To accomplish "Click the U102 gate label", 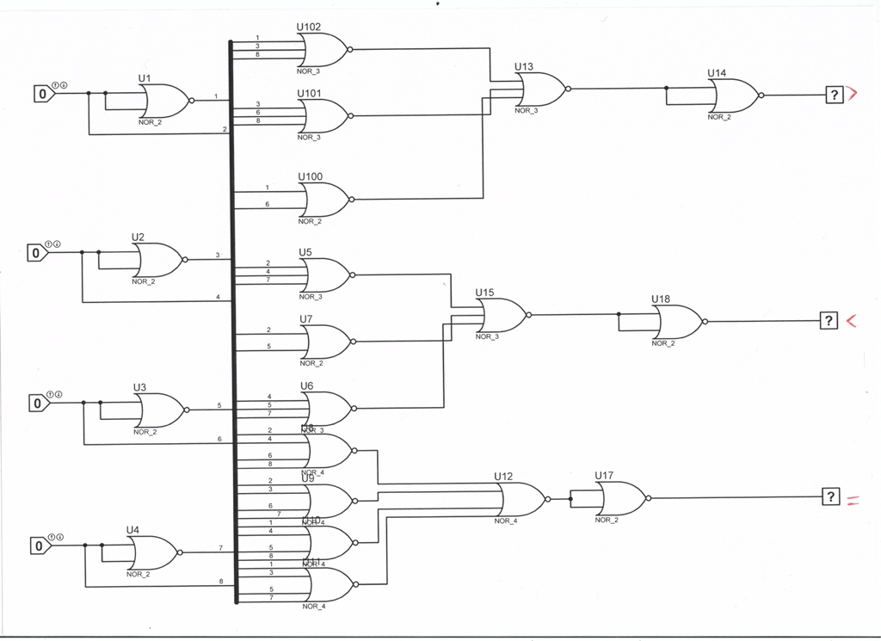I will (309, 27).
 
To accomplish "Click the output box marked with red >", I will (834, 96).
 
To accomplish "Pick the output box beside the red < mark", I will (829, 321).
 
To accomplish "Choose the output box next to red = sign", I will (830, 496).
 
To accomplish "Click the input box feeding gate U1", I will (44, 92).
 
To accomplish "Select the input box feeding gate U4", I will (39, 545).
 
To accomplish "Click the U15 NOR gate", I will (502, 316).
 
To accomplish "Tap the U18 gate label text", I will (661, 299).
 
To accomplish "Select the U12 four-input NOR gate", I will (521, 499).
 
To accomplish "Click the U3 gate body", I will (159, 410).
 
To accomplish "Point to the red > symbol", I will (853, 95).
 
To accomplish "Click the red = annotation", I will (853, 499).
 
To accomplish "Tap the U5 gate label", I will (305, 252).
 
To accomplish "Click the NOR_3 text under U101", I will (309, 138).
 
